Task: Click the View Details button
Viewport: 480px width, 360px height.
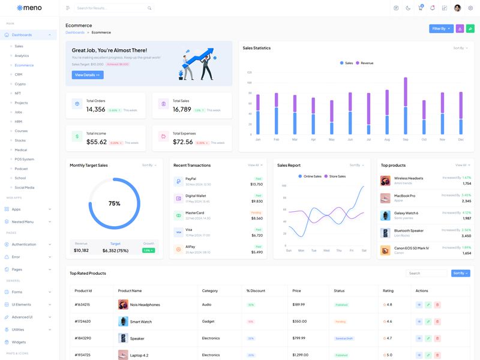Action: [88, 75]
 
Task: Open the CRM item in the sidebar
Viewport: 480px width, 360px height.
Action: [19, 74]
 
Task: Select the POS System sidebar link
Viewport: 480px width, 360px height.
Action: [24, 159]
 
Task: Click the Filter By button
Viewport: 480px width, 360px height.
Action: [441, 28]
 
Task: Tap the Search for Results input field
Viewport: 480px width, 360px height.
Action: [111, 8]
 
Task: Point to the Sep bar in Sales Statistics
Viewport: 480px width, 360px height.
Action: [406, 106]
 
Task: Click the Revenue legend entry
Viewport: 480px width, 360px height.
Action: [365, 63]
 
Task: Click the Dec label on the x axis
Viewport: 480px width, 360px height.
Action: [461, 139]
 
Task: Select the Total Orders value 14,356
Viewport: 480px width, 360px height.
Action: [96, 109]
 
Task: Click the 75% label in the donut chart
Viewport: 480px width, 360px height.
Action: [114, 203]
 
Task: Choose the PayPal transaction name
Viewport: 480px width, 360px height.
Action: [191, 179]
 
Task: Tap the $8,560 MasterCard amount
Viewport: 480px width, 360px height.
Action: [257, 218]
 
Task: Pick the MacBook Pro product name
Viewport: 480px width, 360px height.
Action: [404, 196]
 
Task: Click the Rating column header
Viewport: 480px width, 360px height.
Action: [388, 290]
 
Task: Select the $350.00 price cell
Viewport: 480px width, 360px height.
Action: [299, 322]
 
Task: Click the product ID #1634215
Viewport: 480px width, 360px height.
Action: [82, 305]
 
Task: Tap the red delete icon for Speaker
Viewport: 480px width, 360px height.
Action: [437, 338]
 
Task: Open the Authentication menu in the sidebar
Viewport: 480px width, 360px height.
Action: [24, 244]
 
